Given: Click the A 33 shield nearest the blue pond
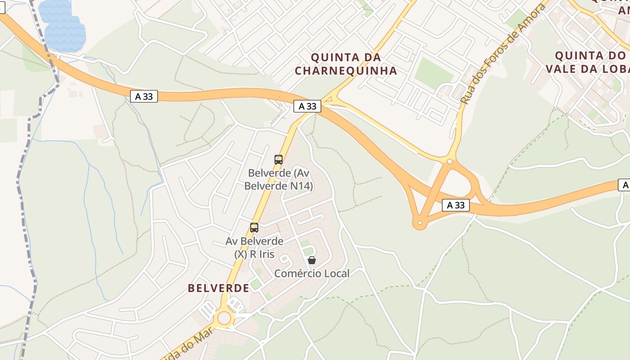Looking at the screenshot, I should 144,96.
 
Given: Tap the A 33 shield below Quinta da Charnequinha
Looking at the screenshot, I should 307,106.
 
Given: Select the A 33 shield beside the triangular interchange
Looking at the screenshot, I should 455,205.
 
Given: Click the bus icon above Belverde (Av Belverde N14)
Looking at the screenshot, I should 279,159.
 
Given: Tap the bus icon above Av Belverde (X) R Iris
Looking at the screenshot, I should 254,228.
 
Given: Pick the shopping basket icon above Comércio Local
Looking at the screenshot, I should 311,260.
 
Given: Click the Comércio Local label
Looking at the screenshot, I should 311,273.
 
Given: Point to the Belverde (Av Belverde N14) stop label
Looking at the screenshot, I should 279,179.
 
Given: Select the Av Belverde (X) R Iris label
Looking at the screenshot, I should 254,247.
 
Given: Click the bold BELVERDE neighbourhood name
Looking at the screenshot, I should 218,288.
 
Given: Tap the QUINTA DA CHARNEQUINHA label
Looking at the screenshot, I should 346,64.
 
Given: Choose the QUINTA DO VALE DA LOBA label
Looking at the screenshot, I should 587,62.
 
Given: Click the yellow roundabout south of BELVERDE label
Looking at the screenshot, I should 224,318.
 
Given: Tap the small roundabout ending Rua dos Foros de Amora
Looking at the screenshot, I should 450,161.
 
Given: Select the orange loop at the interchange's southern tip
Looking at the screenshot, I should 420,223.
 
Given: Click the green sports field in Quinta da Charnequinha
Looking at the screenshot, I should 433,72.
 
